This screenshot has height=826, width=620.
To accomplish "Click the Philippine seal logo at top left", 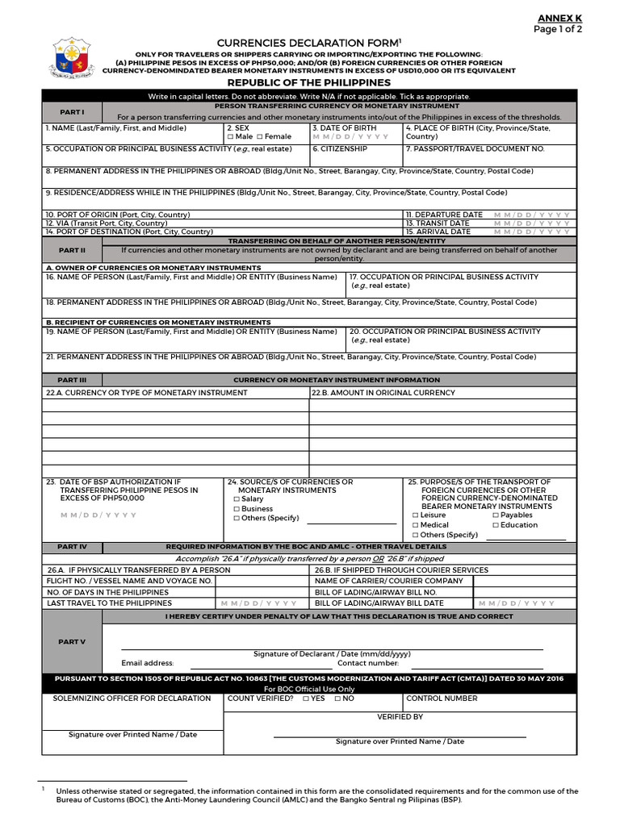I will click(x=70, y=57).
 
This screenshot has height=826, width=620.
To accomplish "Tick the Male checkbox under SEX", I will click(x=230, y=137).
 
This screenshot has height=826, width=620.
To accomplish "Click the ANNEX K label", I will click(x=559, y=18).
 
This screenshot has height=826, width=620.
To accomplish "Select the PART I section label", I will click(x=72, y=111).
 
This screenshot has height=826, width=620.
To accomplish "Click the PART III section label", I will click(x=72, y=380).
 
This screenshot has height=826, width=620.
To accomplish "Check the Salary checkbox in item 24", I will click(x=237, y=499).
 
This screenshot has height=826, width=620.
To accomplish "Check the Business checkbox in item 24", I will click(x=237, y=509).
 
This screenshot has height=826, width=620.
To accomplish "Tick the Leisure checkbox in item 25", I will click(x=416, y=515).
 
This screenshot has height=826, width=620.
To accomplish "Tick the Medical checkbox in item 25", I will click(x=416, y=525).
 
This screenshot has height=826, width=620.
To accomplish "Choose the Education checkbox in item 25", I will click(x=496, y=525).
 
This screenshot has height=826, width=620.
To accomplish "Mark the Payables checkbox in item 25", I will click(x=496, y=515).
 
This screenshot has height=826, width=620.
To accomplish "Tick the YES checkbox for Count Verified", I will click(x=306, y=699).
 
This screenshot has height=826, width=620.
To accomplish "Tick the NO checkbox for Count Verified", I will click(x=337, y=699).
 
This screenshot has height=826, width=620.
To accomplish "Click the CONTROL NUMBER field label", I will click(x=442, y=699).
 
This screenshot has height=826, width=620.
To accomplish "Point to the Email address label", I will click(x=147, y=663).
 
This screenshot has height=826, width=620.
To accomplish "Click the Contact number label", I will click(x=367, y=663).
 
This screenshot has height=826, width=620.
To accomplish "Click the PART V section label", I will click(x=72, y=641).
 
